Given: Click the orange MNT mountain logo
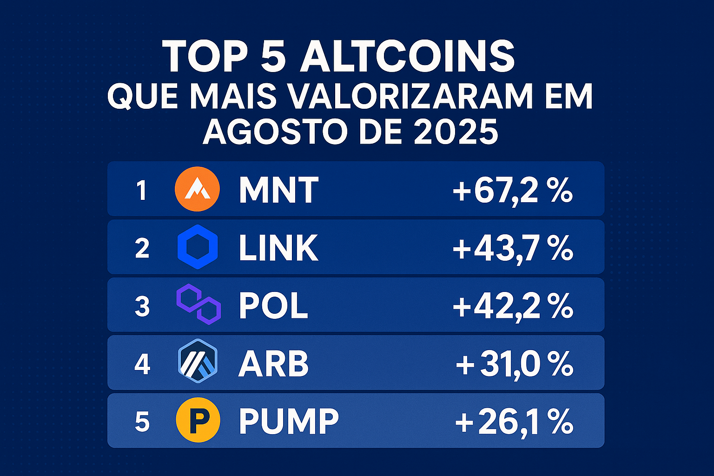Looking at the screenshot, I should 197,189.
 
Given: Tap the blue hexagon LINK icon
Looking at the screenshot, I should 198,247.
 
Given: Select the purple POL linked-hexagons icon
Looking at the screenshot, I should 198,305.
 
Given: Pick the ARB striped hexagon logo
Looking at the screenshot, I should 198,361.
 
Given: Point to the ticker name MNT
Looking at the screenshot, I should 278,190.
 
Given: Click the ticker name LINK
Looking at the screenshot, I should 278,248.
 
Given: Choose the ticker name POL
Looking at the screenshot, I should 273,306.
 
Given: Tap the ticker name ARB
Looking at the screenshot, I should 273,364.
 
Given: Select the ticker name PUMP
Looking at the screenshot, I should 289,421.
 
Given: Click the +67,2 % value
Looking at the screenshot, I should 513,190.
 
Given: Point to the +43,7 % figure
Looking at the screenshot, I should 513,248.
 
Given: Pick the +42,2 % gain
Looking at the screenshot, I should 513,306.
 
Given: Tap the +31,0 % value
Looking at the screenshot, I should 514,364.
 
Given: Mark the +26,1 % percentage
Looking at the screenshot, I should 514,421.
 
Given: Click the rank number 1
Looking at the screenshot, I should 141,191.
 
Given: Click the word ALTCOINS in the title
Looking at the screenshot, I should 407,56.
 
